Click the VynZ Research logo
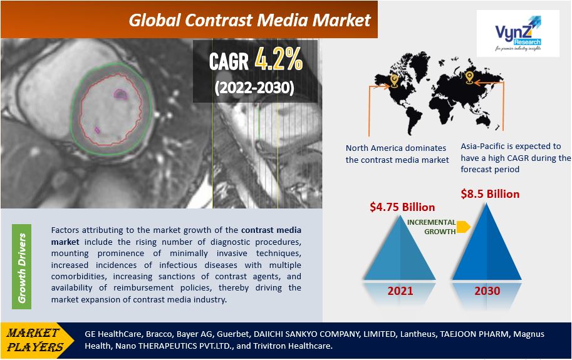518,34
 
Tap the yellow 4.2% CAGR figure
278,59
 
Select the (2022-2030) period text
254,88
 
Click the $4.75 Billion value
402,207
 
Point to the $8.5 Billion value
490,194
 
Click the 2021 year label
400,291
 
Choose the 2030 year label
487,291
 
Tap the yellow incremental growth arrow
463,227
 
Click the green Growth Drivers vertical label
21,267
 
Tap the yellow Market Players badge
36,340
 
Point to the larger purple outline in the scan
120,95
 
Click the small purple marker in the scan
97,130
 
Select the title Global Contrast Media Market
249,21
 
